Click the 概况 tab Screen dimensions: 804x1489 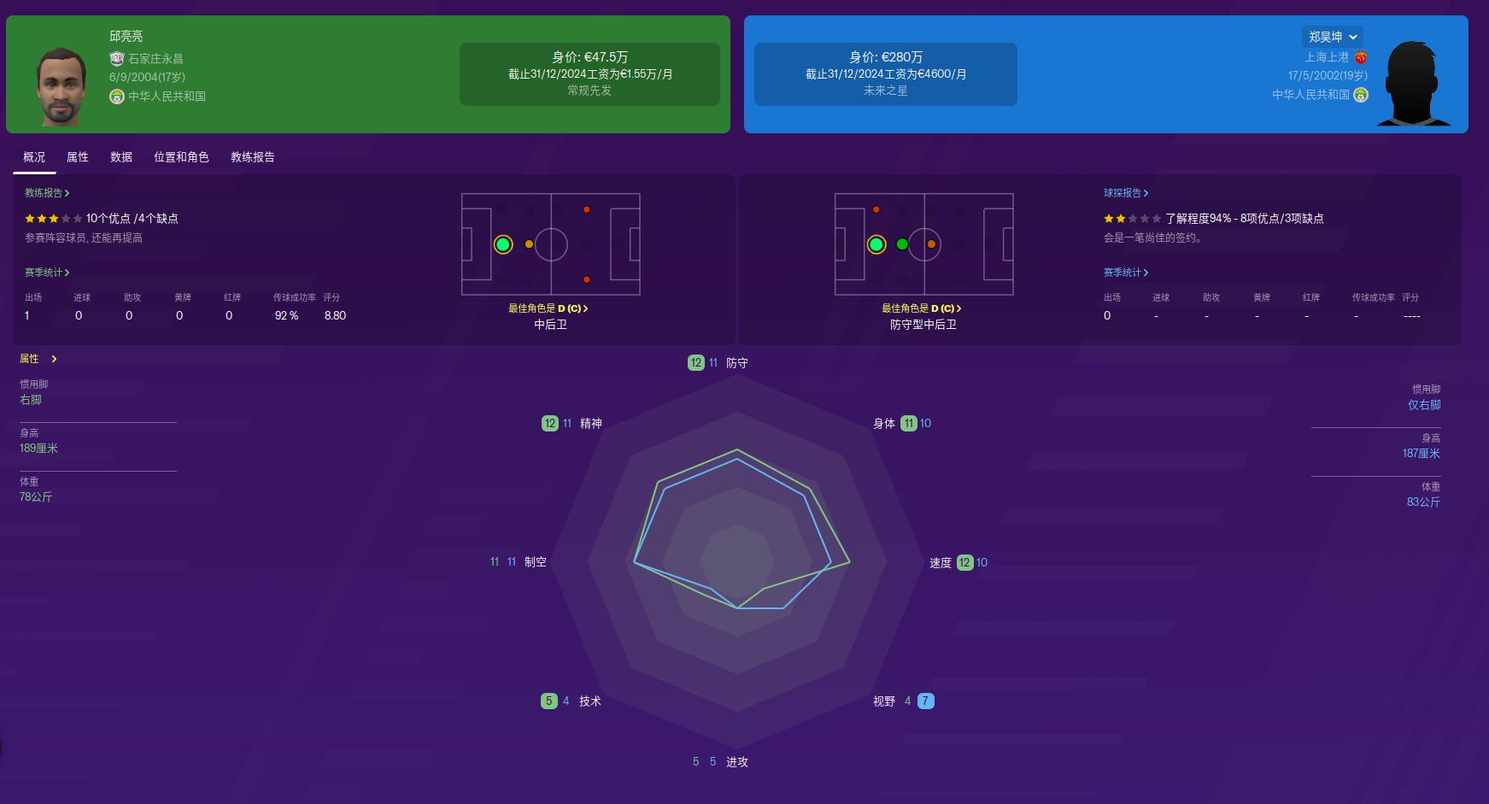(34, 157)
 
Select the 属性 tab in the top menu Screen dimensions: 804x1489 (78, 157)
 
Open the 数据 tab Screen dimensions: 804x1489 (121, 157)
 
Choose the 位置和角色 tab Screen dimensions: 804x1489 (181, 157)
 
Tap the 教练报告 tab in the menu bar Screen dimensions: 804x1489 (253, 157)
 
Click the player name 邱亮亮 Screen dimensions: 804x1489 (126, 37)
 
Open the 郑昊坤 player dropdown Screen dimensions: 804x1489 (1333, 37)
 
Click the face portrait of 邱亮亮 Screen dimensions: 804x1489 (61, 86)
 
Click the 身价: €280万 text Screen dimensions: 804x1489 (885, 57)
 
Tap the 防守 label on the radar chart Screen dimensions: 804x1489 (737, 363)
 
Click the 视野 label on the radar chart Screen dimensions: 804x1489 (884, 701)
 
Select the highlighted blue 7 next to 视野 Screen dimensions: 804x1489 (925, 701)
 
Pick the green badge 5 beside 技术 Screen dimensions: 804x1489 (549, 701)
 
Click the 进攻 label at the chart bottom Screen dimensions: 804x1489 (737, 762)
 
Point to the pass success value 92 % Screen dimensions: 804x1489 (286, 316)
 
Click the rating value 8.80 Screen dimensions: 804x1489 (335, 316)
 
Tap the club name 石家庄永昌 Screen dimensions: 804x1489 (155, 59)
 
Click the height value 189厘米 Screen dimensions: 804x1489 (39, 449)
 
